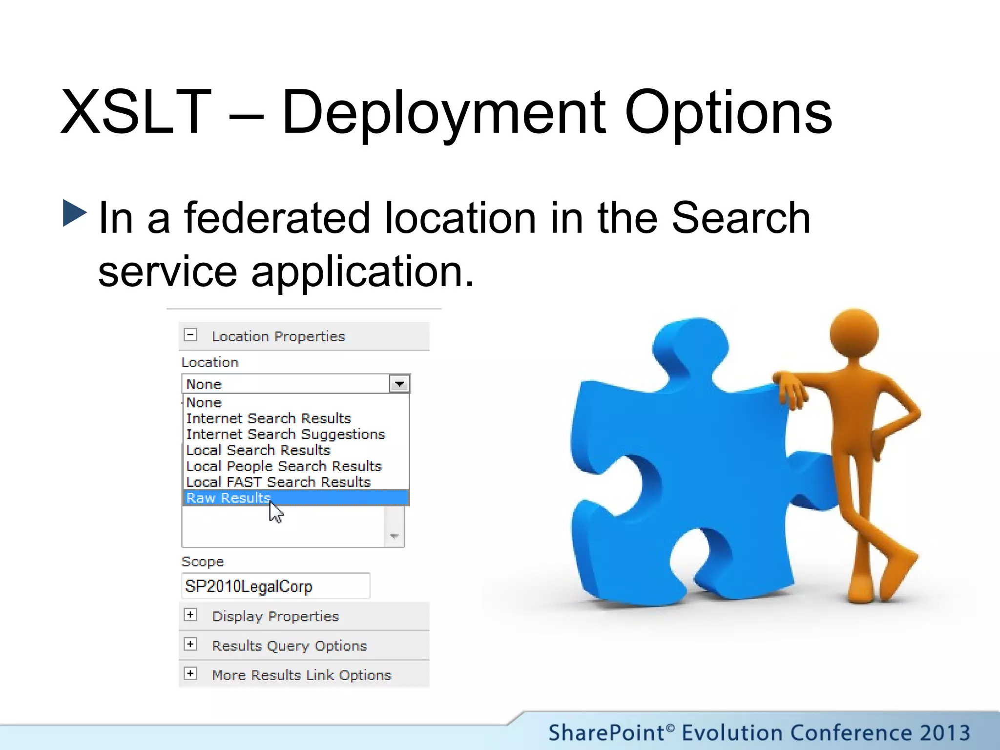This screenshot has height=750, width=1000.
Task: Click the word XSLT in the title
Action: [x=136, y=112]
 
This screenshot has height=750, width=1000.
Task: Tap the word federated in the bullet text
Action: [x=276, y=218]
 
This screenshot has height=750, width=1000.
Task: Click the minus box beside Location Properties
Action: [x=190, y=335]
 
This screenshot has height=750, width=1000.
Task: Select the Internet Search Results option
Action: [x=269, y=418]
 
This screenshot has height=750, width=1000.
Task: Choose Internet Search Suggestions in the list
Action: [x=286, y=434]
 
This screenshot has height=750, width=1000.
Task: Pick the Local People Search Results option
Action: [x=284, y=466]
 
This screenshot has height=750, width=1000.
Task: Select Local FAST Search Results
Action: [x=278, y=482]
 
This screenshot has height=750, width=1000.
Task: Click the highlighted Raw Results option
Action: [x=228, y=498]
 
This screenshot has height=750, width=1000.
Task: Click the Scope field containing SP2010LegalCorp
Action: [x=275, y=586]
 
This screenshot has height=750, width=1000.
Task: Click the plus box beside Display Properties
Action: [x=190, y=615]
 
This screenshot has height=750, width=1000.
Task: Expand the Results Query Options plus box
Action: [x=190, y=644]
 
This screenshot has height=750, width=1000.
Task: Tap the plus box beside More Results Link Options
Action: [x=190, y=673]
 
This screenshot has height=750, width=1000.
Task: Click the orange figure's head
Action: [x=854, y=333]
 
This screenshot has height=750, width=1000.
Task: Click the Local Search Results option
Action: [x=258, y=450]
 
